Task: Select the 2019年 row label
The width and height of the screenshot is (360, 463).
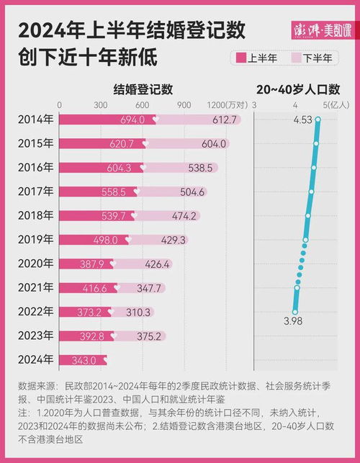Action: click(x=35, y=240)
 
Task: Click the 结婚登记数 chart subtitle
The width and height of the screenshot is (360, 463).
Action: click(x=143, y=90)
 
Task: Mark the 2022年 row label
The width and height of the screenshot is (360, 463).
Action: click(x=35, y=312)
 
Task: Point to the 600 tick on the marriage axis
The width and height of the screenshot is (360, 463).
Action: click(x=142, y=105)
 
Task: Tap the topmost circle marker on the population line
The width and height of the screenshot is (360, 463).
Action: click(x=318, y=120)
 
